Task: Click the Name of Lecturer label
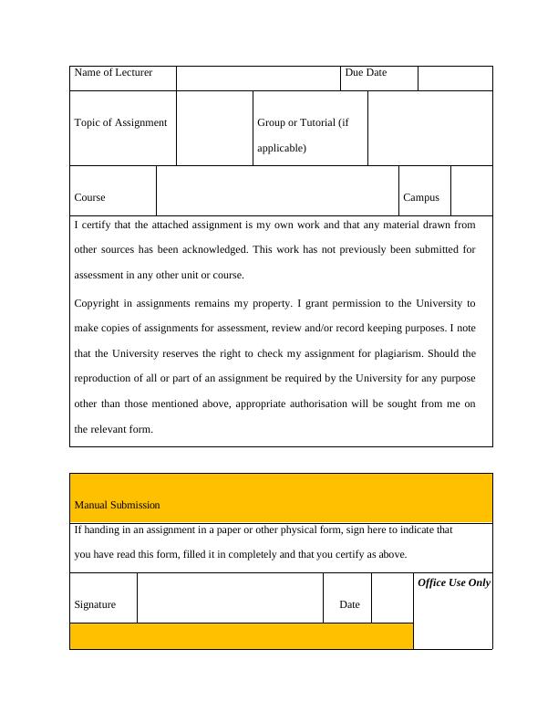113,73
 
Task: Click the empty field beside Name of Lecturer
258,78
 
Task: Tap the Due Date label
366,73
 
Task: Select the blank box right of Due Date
455,78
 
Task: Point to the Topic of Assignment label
120,123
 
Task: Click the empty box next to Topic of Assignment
214,128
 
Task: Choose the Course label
89,197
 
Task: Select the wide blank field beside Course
277,190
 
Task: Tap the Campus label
421,197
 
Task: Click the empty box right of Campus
471,190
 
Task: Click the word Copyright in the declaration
98,303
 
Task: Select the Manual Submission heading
117,505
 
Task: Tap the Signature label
95,604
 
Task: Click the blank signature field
230,598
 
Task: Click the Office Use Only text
453,582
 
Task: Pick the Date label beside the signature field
349,604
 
